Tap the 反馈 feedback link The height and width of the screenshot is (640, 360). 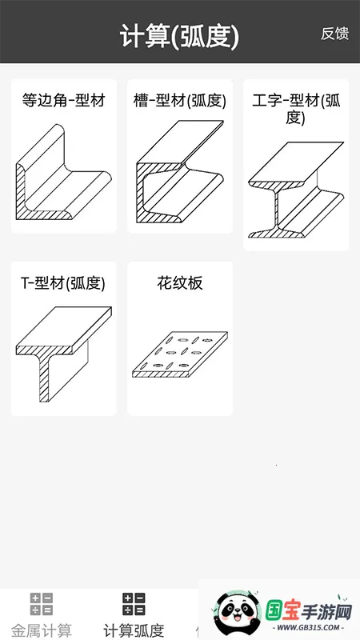coord(334,34)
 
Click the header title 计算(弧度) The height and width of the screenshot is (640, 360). coord(179,37)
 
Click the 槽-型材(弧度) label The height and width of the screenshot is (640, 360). coord(179,101)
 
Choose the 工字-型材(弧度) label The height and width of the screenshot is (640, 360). coord(296,109)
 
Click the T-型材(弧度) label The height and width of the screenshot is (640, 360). coord(63,283)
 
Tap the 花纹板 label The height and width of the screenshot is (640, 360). coord(179,283)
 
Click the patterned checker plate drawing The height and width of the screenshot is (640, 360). coord(179,354)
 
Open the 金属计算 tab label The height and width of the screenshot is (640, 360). coord(42,630)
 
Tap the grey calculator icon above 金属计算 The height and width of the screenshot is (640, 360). coord(42,604)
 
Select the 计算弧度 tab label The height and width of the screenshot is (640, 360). coord(134,630)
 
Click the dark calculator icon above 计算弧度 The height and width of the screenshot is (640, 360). coord(134,604)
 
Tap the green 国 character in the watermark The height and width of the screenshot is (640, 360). coord(274,611)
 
